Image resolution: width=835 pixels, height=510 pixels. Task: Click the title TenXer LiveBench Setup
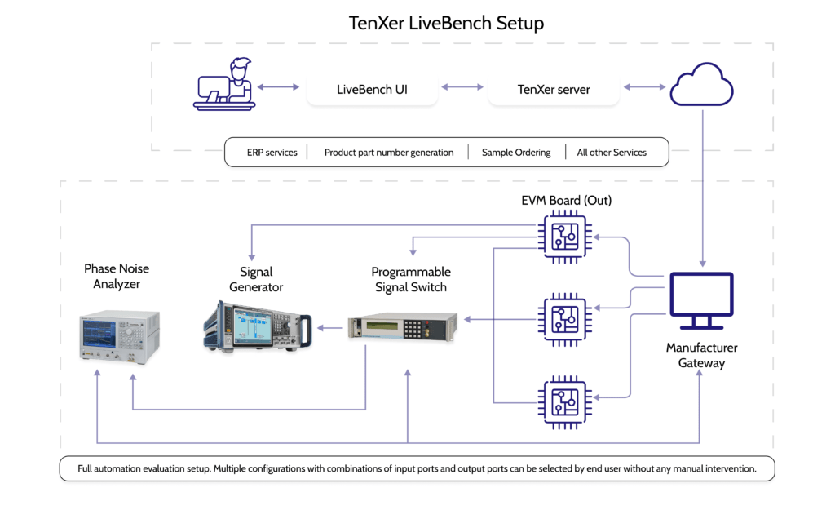446,23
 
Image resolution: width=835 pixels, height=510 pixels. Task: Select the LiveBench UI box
372,90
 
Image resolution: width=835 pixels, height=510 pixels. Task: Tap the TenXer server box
554,90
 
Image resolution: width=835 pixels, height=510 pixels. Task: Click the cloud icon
701,85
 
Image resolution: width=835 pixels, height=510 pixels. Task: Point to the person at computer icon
224,83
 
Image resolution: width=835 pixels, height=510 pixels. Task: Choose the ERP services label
272,153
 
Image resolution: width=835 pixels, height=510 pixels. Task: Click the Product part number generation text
388,153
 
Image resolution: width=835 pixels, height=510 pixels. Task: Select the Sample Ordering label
516,153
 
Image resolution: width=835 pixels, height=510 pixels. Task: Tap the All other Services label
612,153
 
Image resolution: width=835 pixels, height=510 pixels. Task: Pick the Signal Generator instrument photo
256,327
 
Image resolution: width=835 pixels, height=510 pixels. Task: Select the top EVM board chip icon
565,237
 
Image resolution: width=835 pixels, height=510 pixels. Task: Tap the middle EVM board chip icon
565,315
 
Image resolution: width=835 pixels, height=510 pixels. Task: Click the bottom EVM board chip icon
565,401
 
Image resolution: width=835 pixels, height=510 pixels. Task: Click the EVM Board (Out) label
566,201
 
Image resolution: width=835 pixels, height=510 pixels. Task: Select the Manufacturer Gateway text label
701,355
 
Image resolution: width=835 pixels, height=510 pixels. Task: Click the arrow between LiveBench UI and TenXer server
463,86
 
